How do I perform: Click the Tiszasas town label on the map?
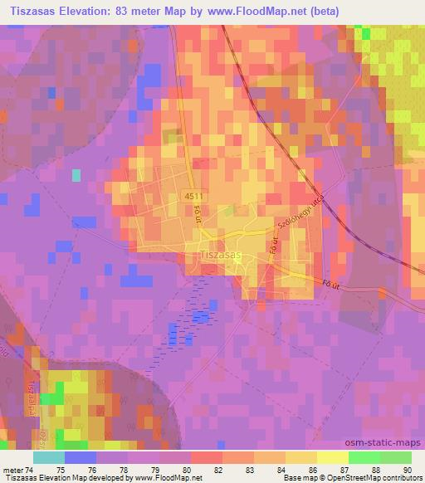point(221,256)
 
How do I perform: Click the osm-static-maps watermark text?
point(390,443)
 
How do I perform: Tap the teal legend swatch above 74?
point(48,457)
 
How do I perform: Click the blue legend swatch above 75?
point(80,457)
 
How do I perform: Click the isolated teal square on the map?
point(76,175)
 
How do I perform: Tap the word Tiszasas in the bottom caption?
point(21,479)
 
